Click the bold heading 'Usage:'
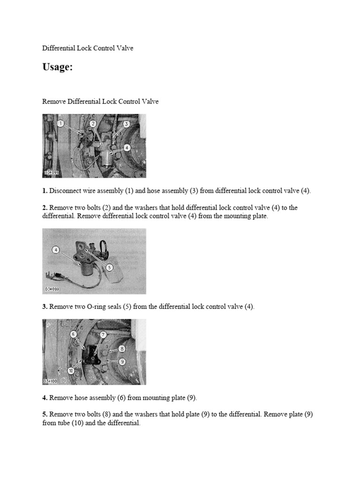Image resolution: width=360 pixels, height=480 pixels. pos(58,67)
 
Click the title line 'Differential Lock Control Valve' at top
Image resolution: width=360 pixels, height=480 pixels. pos(88,48)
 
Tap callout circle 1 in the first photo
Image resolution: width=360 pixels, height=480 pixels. pos(60,123)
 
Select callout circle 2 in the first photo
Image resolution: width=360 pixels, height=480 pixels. pos(93,123)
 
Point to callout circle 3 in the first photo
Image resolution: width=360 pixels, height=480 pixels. pos(126,124)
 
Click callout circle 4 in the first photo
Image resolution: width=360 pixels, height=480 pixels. pos(127,147)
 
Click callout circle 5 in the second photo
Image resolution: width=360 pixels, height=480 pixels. pos(109,267)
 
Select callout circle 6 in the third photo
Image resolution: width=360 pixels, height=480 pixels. pos(73,334)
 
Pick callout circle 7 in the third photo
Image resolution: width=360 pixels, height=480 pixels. pos(104,334)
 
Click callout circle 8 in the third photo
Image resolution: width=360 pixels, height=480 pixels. pos(122,349)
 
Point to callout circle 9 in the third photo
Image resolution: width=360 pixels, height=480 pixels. pos(122,361)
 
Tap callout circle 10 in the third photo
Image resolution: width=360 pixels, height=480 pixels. pos(71,370)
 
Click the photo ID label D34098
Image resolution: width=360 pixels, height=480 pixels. pos(52,173)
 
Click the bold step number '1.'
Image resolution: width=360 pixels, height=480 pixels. pos(45,191)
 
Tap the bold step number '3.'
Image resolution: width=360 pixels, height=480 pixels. pos(45,307)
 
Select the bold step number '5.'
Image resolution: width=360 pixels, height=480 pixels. pos(45,415)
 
